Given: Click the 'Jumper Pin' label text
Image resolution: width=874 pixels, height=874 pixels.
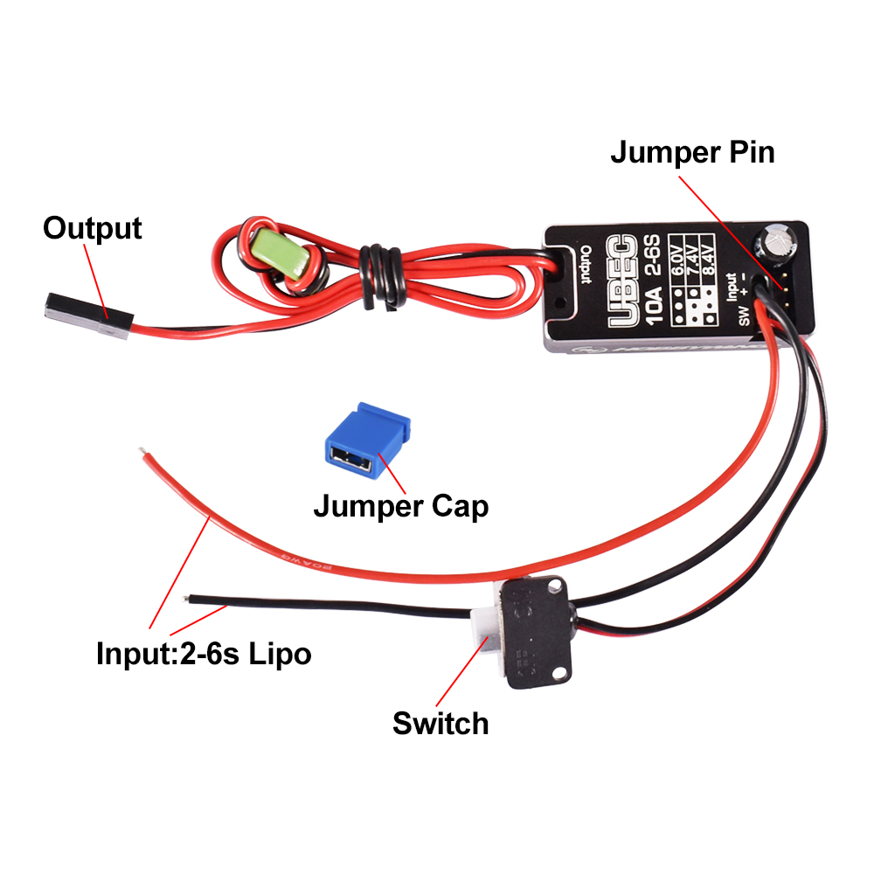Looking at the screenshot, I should [691, 152].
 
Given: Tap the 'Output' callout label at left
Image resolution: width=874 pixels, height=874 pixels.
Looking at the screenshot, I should [92, 228].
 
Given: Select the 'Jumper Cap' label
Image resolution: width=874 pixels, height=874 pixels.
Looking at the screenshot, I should [400, 505].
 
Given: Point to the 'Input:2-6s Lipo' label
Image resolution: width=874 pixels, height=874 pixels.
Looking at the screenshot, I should [203, 653].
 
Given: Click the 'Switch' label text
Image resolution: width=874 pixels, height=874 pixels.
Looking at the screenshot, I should [440, 724].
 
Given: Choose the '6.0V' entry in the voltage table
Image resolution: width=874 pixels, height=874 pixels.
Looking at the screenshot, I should [679, 263].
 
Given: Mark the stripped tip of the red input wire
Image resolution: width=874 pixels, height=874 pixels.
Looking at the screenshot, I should [142, 452].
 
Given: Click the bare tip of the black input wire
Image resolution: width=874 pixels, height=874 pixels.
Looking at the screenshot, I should [187, 599].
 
